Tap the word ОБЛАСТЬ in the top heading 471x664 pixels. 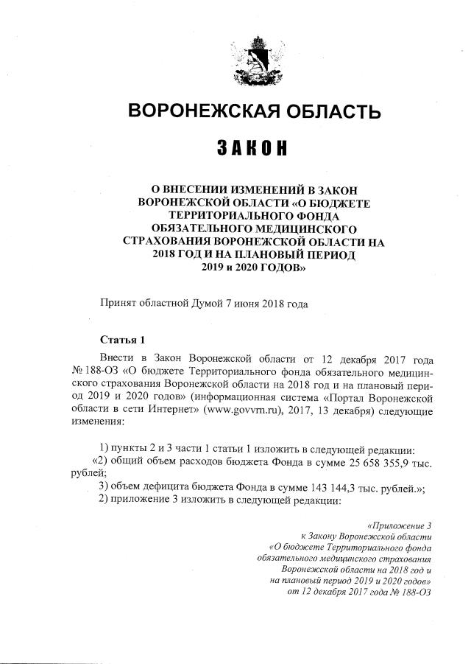[332, 112]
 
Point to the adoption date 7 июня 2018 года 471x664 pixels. [266, 304]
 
